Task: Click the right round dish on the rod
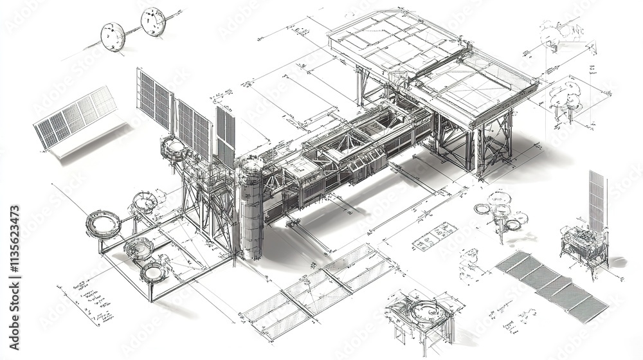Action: pyautogui.click(x=153, y=21)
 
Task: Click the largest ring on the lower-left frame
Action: pyautogui.click(x=103, y=223)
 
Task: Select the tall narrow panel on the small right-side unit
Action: pyautogui.click(x=597, y=200)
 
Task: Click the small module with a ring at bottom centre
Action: pyautogui.click(x=421, y=315)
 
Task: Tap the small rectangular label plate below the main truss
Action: pyautogui.click(x=434, y=236)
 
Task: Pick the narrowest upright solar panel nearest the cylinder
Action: pyautogui.click(x=225, y=135)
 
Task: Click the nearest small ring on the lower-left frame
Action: pyautogui.click(x=153, y=272)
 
